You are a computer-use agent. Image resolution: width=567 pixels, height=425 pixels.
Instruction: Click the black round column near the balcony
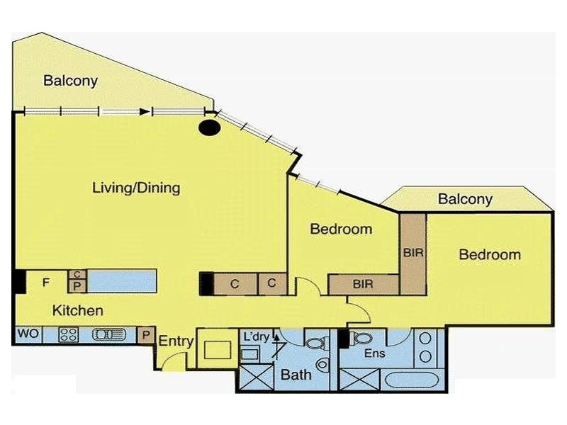tap(209, 127)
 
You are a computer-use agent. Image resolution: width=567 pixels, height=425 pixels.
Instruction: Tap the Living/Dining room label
tap(136, 188)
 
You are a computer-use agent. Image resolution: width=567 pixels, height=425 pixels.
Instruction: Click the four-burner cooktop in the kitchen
tap(69, 334)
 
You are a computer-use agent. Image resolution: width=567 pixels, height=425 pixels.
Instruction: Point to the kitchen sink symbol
tap(108, 334)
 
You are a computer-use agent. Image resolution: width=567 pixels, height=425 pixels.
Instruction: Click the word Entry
tap(176, 341)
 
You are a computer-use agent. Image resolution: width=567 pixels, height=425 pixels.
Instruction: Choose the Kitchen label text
tap(78, 310)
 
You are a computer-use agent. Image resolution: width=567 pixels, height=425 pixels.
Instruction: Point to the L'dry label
tap(256, 336)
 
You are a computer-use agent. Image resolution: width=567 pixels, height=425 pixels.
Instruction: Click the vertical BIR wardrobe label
tap(412, 253)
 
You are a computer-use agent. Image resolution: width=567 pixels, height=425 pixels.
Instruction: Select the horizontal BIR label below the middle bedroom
tap(363, 284)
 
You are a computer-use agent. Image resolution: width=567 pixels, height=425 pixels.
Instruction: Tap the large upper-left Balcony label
tap(70, 81)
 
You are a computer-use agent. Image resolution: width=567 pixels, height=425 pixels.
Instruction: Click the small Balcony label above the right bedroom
tap(464, 199)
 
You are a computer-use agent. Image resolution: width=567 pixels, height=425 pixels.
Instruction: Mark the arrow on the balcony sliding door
tap(145, 111)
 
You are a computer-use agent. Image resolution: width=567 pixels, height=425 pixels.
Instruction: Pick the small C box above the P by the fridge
tap(77, 274)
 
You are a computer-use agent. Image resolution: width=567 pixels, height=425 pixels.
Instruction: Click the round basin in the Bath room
tap(322, 365)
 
